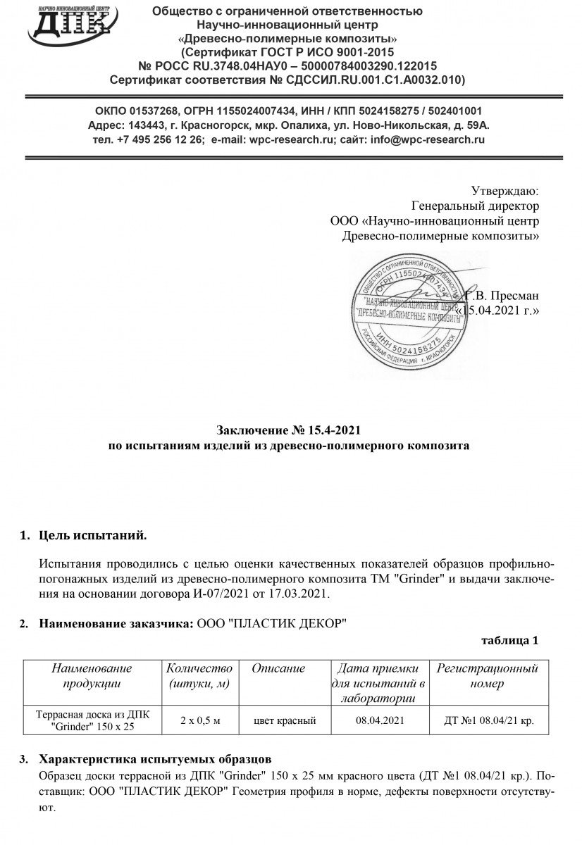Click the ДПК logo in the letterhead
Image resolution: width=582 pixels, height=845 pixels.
(x=70, y=24)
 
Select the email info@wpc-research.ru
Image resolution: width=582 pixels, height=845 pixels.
(x=427, y=139)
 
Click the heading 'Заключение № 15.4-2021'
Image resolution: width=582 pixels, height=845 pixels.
(x=292, y=430)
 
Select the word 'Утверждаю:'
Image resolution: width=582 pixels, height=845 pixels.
(x=504, y=191)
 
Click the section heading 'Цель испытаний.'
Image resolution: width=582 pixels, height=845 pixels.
(x=93, y=537)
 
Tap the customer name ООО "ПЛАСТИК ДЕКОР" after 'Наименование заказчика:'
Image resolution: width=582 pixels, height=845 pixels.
(x=271, y=624)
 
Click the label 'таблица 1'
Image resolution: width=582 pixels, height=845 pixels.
(x=509, y=641)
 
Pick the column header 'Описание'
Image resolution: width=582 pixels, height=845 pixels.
(x=278, y=668)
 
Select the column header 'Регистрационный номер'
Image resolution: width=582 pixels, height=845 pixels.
(x=487, y=676)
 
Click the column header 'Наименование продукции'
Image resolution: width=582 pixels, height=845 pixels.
(x=92, y=676)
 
